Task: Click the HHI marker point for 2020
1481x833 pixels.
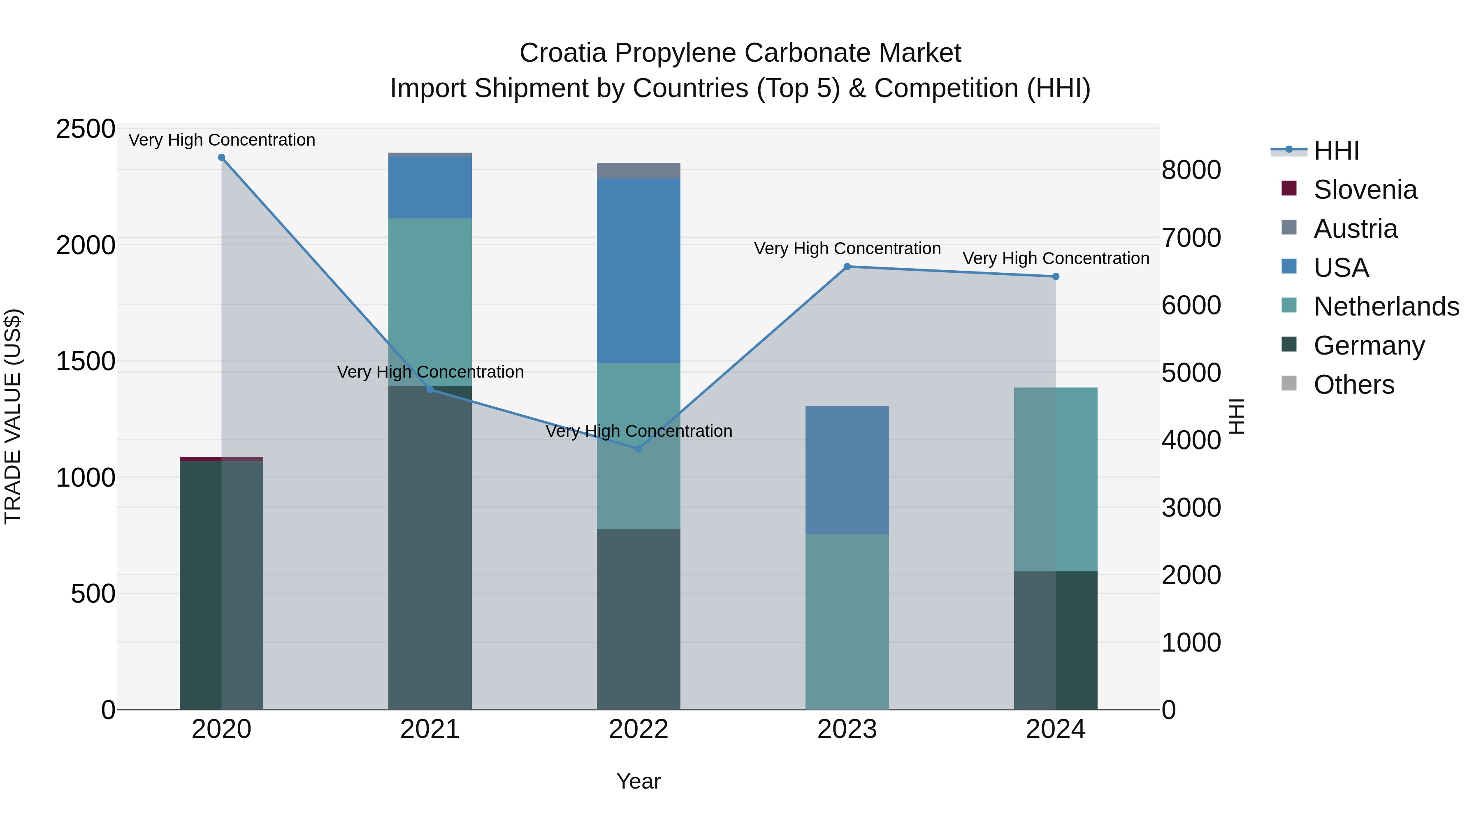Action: (221, 158)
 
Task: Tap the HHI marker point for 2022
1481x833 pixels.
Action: (638, 448)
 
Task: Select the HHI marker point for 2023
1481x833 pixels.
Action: (847, 267)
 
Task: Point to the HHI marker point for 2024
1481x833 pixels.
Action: (1056, 276)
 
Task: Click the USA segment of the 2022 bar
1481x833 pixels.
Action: (638, 270)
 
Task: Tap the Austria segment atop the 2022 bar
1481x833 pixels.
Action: (638, 171)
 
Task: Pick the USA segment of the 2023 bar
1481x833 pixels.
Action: (847, 470)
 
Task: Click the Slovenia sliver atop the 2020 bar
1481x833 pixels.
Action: (221, 459)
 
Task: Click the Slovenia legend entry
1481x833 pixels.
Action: (1365, 190)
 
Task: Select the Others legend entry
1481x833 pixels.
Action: (1354, 385)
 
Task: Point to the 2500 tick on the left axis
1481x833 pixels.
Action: (86, 129)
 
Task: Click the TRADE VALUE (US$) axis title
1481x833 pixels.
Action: (13, 416)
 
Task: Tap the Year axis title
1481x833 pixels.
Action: (638, 781)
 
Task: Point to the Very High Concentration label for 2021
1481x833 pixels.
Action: (430, 372)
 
